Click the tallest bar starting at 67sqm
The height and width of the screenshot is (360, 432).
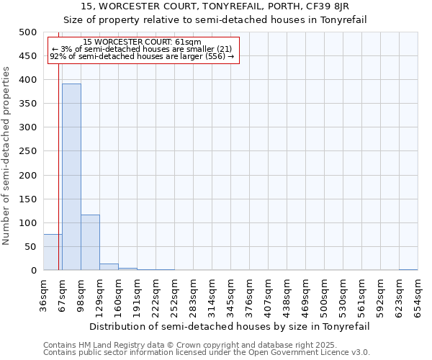point(71,177)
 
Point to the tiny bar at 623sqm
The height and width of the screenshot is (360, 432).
point(408,269)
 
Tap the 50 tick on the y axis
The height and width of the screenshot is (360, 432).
point(31,247)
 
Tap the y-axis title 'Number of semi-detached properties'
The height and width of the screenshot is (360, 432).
point(6,156)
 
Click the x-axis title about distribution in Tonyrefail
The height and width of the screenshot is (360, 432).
point(230,326)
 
